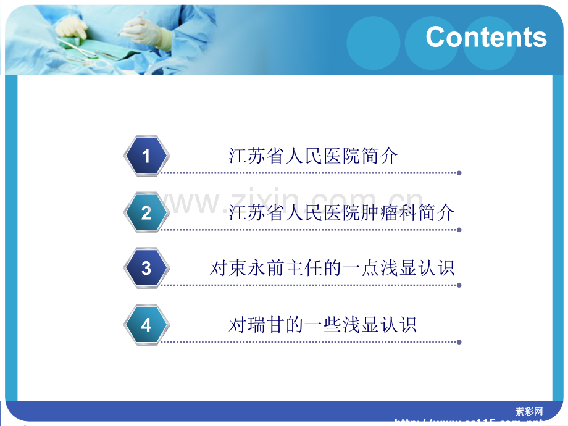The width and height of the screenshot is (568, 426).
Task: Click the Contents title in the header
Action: (486, 37)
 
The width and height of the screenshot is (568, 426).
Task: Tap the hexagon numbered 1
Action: (146, 156)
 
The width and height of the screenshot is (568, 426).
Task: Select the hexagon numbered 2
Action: (146, 213)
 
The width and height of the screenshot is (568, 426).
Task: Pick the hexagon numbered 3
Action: (146, 268)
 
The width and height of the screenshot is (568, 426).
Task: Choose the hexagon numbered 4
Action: (146, 325)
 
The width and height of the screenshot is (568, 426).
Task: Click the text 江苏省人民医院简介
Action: (313, 156)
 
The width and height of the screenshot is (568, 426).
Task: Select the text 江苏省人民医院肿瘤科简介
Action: (341, 212)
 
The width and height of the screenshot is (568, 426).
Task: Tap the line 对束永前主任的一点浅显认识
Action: (332, 268)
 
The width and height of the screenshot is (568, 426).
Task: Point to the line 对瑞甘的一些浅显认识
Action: (322, 324)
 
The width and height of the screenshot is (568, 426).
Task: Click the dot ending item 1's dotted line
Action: (459, 173)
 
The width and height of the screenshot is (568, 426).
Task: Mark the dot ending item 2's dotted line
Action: (459, 230)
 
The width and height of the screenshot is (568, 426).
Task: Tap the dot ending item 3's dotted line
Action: (459, 285)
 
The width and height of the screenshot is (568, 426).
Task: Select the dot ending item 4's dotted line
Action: (459, 341)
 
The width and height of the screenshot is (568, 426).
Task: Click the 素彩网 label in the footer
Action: (529, 411)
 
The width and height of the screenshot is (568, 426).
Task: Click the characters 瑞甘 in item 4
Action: (266, 324)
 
